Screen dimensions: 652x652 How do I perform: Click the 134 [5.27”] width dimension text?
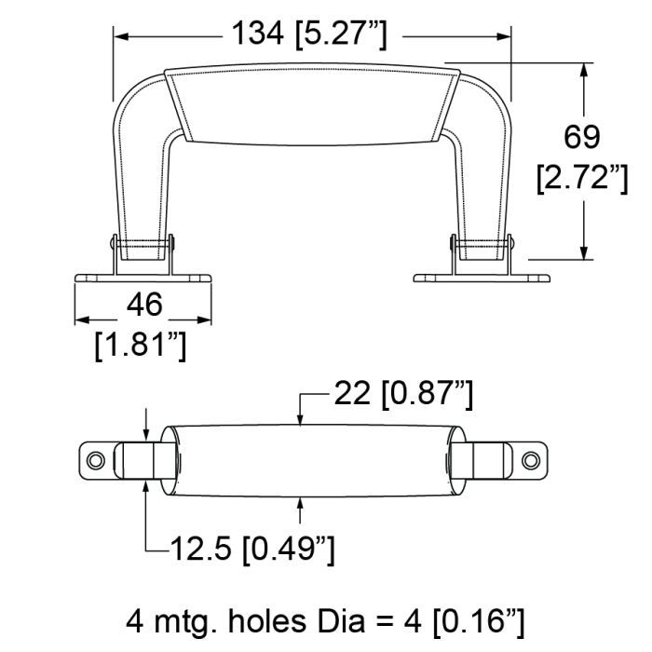[x=309, y=35]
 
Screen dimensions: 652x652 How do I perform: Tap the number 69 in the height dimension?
[x=582, y=136]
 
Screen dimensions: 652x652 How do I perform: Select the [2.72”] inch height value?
[x=582, y=179]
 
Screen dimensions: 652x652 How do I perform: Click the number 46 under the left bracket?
[x=144, y=305]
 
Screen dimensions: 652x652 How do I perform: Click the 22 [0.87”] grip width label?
[x=403, y=393]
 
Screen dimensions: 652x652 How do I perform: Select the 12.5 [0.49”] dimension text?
[x=252, y=548]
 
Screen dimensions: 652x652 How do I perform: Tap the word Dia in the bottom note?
[x=341, y=621]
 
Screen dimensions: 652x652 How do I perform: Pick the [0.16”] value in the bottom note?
[x=478, y=622]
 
